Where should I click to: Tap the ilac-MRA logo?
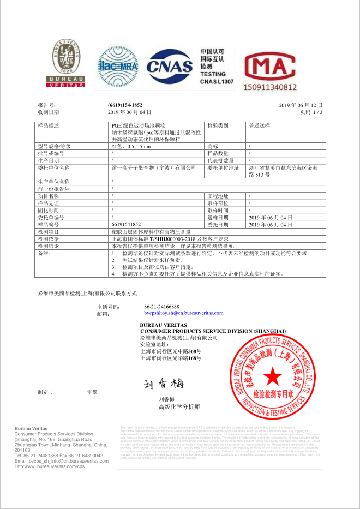point(117,66)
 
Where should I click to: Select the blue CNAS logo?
point(170,66)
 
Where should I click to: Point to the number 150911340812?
point(270,87)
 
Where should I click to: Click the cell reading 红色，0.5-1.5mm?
point(131,147)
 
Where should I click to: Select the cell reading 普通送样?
point(259,125)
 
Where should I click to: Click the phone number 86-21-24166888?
point(161,307)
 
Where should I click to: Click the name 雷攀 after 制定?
point(92,392)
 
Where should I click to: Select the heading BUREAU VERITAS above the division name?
point(164,325)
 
